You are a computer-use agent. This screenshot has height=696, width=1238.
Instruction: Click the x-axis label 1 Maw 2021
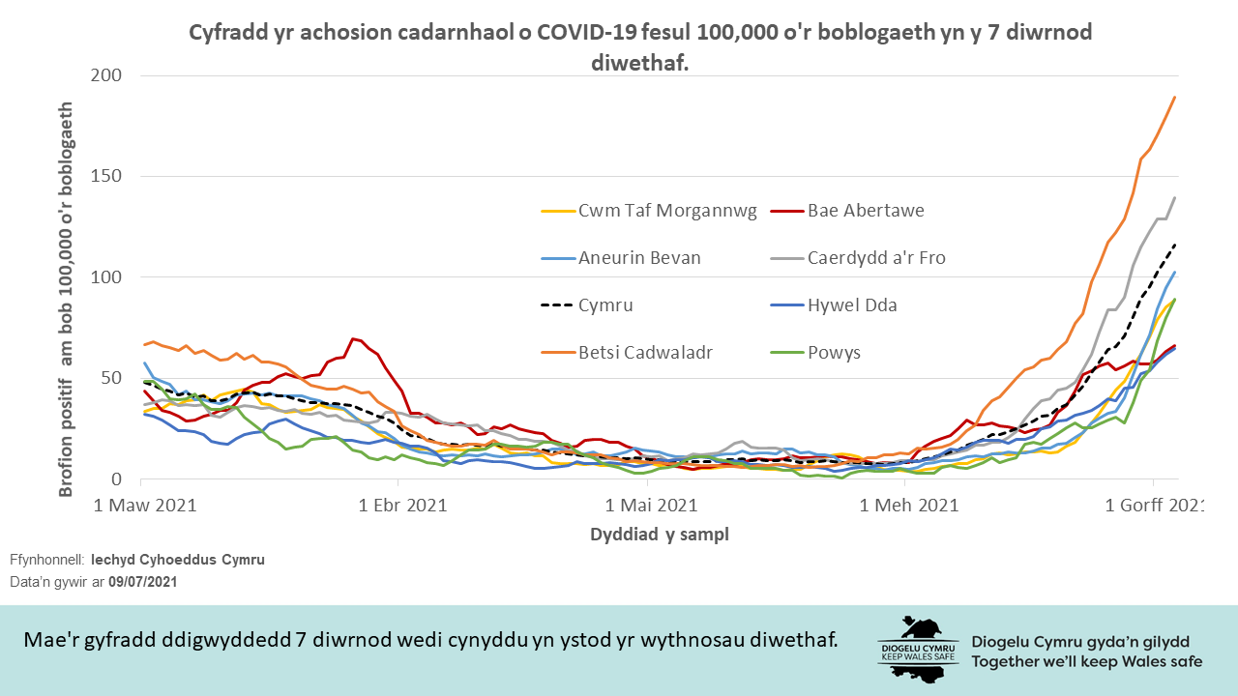tap(144, 505)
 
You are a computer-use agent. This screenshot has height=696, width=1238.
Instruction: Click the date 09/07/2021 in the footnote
tap(143, 582)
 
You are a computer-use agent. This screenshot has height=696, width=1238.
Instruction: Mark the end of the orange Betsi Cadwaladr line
tap(1174, 97)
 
